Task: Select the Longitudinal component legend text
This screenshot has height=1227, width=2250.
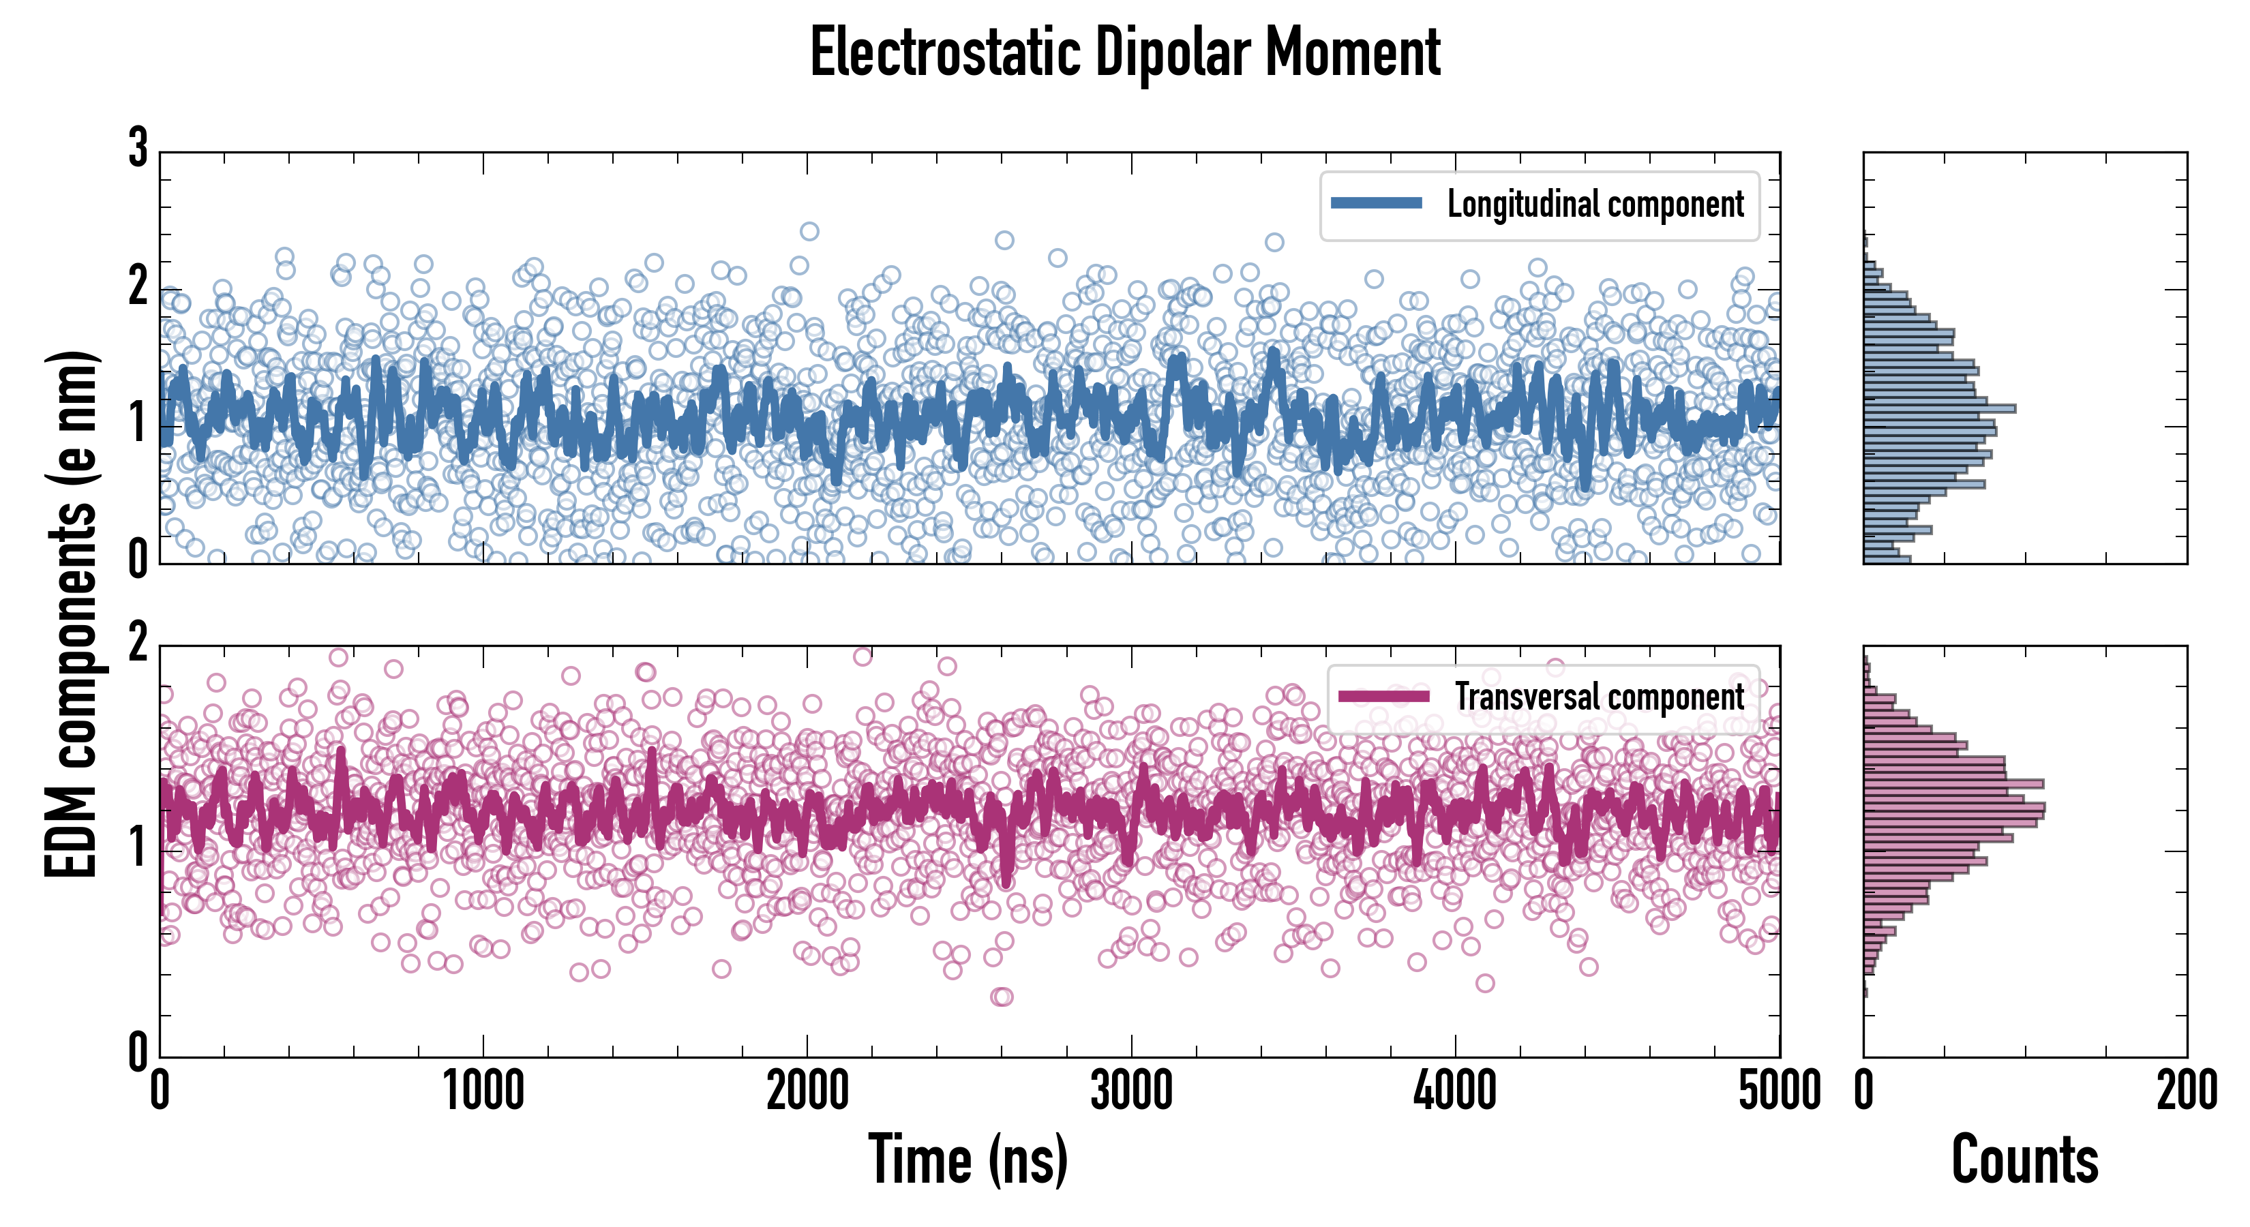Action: click(1595, 204)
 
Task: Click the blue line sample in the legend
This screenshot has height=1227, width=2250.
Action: click(1376, 204)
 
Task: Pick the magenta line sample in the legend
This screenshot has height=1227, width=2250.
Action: click(1383, 696)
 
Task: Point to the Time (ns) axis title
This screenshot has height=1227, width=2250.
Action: click(967, 1160)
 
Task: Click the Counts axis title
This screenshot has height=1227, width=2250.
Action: click(2024, 1160)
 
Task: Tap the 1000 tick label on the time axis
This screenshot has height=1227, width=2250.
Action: click(483, 1091)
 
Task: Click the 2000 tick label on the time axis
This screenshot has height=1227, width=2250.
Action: click(807, 1091)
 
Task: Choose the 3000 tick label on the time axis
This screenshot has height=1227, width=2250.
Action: click(1131, 1091)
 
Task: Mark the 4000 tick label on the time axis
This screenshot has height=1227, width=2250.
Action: click(1455, 1091)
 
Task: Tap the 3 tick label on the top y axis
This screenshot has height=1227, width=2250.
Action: click(138, 149)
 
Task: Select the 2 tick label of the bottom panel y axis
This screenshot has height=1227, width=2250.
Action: click(138, 643)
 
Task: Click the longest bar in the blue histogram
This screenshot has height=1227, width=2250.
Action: click(1939, 408)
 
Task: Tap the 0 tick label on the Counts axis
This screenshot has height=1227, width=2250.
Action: click(1864, 1091)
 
